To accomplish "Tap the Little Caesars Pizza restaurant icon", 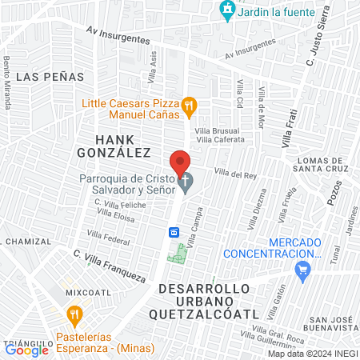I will tap(189, 104).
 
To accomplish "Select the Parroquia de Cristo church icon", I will tap(186, 182).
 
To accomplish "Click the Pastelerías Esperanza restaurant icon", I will tap(74, 313).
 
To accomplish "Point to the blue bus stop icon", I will tap(174, 232).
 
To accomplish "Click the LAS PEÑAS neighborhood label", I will tap(44, 78).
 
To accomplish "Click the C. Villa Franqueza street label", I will tap(109, 266).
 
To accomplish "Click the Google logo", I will tap(26, 349).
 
